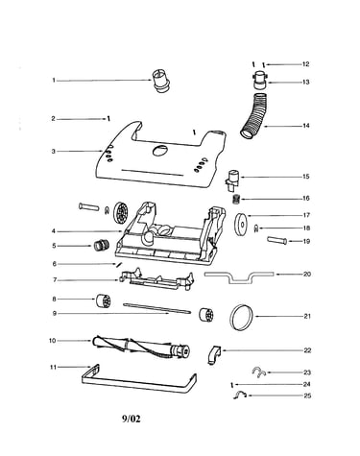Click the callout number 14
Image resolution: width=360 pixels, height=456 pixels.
click(x=306, y=126)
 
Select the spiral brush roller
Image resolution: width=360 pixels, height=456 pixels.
click(x=141, y=347)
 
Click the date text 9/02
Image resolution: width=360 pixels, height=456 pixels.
click(x=131, y=419)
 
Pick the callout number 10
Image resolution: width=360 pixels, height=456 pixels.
click(x=52, y=341)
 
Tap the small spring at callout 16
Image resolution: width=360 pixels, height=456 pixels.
click(x=236, y=200)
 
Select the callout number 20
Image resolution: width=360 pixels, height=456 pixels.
click(x=307, y=275)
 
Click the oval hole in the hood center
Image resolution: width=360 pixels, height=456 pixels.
click(x=160, y=150)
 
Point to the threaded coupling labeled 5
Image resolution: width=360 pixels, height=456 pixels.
click(x=102, y=246)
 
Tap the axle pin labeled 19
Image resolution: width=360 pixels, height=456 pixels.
click(x=276, y=241)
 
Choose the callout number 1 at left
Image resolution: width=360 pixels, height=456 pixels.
click(x=54, y=81)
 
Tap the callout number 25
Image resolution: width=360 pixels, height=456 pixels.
click(x=307, y=396)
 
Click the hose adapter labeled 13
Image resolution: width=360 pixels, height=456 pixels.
click(x=259, y=82)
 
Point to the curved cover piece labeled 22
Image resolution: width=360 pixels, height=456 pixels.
click(x=214, y=355)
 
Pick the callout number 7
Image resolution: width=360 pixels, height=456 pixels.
click(x=55, y=280)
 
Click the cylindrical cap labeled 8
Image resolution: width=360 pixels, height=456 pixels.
click(x=104, y=301)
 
